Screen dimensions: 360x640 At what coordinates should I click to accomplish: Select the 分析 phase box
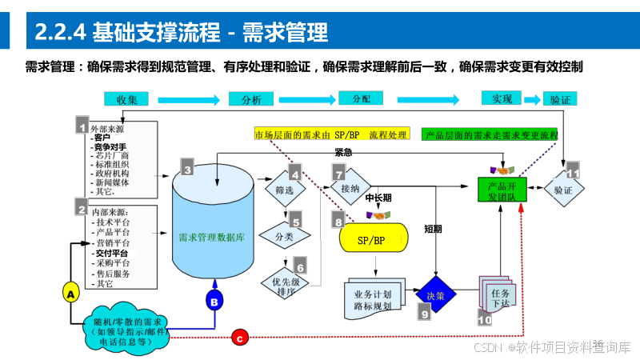point(251,99)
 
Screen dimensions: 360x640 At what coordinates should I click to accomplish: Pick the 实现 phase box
point(502,98)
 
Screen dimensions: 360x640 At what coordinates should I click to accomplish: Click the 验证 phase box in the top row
point(561,100)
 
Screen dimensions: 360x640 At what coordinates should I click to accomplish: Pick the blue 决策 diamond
point(435,294)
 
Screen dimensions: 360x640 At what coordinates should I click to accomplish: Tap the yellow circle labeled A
point(70,294)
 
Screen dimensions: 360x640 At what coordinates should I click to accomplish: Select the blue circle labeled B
point(214,302)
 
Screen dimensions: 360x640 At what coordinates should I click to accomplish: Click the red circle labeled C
point(239,338)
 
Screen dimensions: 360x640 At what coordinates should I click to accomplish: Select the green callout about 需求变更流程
point(490,134)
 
